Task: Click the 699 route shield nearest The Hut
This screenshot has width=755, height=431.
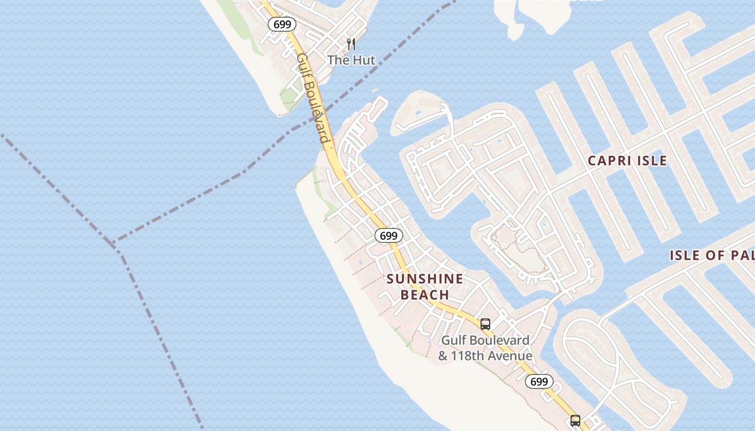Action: [282, 24]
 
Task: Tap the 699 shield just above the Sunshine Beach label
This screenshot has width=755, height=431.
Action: [388, 235]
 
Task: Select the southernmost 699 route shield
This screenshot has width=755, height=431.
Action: [539, 381]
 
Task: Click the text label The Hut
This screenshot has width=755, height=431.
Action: [351, 60]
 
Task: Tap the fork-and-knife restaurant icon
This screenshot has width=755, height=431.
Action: [351, 44]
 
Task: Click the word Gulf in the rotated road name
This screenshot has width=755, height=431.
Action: [302, 65]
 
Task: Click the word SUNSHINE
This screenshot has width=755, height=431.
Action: [425, 279]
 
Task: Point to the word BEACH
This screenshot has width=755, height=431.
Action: [425, 295]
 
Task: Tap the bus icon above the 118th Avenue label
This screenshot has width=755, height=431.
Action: [485, 324]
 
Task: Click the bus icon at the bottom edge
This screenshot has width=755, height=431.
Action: [575, 420]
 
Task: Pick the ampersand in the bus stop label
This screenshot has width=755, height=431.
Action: [443, 356]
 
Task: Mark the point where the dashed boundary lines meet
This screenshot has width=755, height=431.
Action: [114, 244]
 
